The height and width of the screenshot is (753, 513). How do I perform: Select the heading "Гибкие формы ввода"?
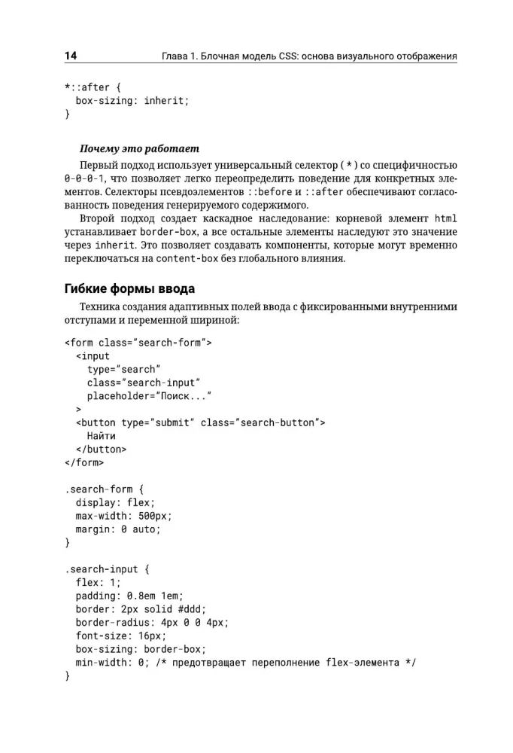(x=133, y=288)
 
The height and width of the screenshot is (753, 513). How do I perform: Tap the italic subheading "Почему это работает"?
(x=139, y=148)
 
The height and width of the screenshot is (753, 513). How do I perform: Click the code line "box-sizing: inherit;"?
(x=132, y=100)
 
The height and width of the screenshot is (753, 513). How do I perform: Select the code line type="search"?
(x=123, y=369)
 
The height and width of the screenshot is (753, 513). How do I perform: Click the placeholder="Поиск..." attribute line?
(x=148, y=395)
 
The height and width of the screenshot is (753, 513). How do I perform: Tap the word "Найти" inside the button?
(x=101, y=435)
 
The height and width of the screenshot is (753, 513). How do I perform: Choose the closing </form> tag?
(x=84, y=462)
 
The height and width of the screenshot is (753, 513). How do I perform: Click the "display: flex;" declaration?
(x=115, y=502)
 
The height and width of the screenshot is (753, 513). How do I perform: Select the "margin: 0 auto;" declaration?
(x=118, y=529)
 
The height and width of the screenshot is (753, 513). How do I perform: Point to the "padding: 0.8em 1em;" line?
(x=129, y=595)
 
